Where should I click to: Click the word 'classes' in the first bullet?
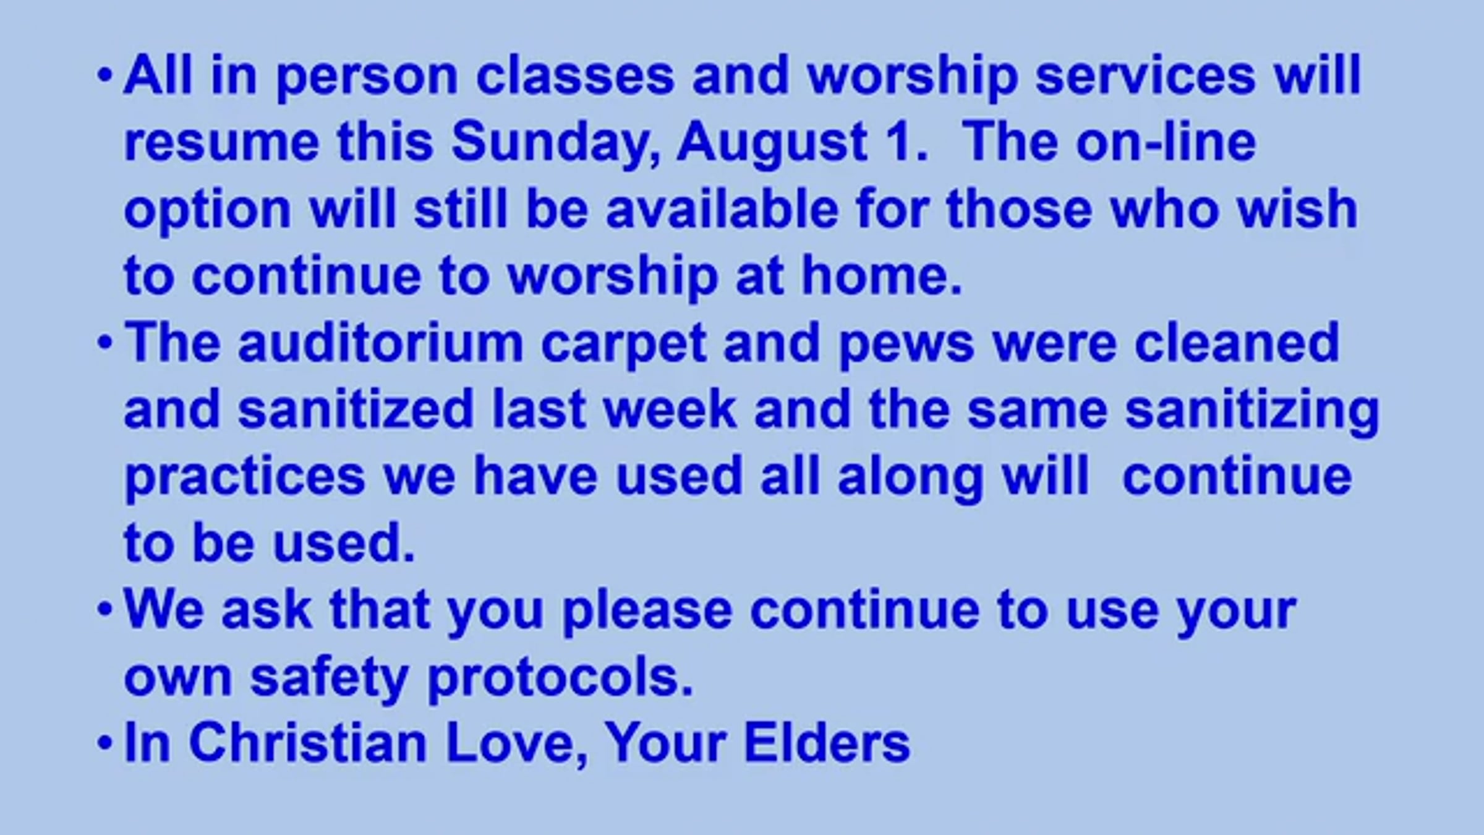574,76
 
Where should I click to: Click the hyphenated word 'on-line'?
1166,142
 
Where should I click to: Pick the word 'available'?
722,208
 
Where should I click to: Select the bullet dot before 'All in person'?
104,76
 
